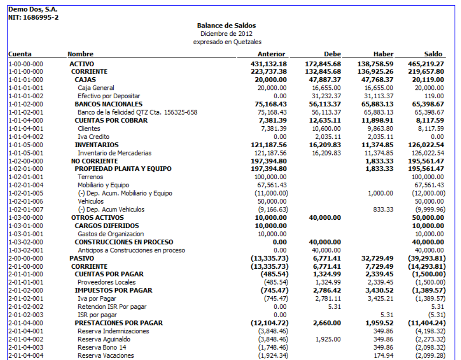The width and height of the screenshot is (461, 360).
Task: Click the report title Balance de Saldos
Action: tap(227, 26)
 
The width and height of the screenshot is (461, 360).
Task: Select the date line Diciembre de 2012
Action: tap(227, 34)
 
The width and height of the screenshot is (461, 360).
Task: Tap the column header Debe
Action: tap(332, 54)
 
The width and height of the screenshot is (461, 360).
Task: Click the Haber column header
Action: tap(384, 54)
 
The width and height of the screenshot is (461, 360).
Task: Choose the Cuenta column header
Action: tap(20, 54)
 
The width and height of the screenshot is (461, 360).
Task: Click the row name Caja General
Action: tap(96, 88)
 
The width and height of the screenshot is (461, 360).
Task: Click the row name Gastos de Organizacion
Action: tap(111, 234)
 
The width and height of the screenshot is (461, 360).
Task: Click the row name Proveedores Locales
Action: tap(107, 282)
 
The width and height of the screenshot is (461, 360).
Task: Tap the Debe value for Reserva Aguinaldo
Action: tap(329, 340)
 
